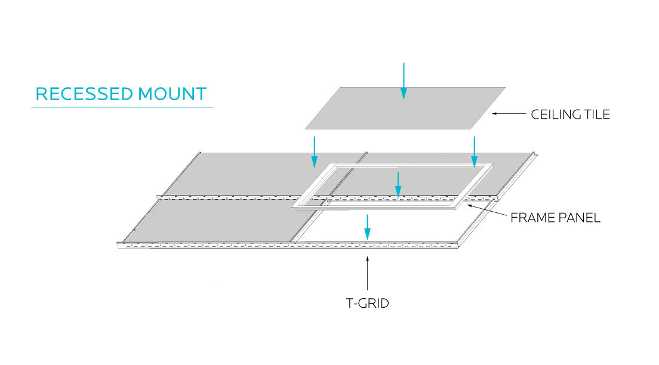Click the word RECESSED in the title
click(x=84, y=94)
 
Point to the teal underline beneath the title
click(x=122, y=108)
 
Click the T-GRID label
click(x=368, y=303)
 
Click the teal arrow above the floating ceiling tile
click(x=404, y=81)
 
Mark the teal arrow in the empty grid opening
click(x=368, y=227)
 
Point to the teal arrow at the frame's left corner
click(x=315, y=151)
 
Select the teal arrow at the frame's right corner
click(x=474, y=151)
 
